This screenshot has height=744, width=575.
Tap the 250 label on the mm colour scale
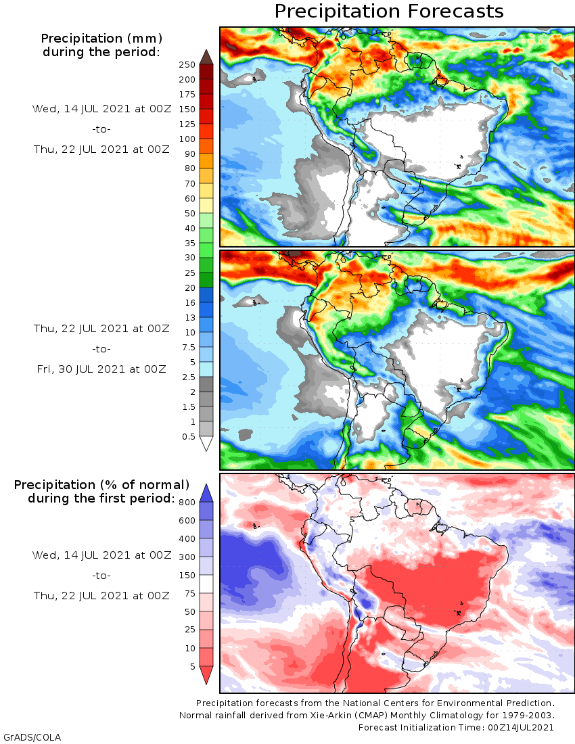point(187,65)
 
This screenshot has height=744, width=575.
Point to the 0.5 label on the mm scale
point(188,436)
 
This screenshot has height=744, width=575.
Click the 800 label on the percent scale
point(187,502)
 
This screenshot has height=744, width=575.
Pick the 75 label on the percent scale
point(189,594)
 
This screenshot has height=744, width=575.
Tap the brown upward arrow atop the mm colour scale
point(206,56)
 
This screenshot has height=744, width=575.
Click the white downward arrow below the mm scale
point(206,444)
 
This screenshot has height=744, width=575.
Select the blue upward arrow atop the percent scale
point(206,492)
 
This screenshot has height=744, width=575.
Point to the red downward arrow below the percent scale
point(206,675)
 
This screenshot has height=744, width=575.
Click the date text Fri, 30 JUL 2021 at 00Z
point(101,369)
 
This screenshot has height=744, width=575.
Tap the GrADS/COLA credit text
point(27,736)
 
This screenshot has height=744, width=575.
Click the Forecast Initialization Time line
point(456,727)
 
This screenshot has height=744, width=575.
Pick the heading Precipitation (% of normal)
point(101,485)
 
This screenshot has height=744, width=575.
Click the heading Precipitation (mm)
point(101,38)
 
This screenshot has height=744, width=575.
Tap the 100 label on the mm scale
point(187,139)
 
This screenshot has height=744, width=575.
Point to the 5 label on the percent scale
point(192,666)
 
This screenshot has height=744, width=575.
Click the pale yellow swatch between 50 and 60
point(206,205)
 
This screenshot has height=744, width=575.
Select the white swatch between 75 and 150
point(206,584)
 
